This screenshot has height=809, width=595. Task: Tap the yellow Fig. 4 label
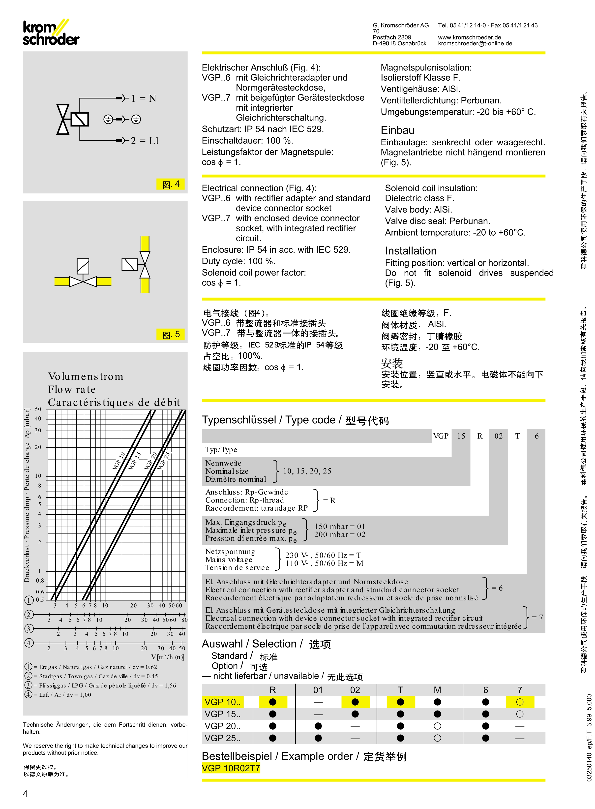pos(171,184)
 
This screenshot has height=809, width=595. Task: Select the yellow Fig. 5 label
pos(171,334)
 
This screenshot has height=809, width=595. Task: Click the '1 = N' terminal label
pos(143,98)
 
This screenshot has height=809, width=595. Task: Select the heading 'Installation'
pos(411,251)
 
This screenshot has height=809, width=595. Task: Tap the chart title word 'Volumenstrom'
pos(86,376)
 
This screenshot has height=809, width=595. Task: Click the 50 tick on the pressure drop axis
pos(38,409)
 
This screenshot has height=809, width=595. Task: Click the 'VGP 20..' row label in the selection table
pos(222,726)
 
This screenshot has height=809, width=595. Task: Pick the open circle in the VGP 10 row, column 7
pos(519,702)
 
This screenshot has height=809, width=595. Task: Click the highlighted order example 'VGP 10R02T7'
pos(231,768)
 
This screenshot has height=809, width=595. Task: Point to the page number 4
pos(25,794)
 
